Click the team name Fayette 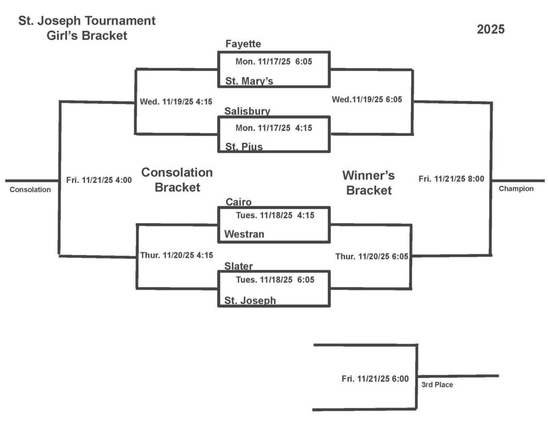243,44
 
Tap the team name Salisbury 247,111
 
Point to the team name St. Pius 243,147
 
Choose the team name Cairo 238,202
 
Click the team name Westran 244,234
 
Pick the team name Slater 239,266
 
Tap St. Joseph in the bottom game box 250,301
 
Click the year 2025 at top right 491,29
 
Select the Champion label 516,189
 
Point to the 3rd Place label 437,384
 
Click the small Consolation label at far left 31,189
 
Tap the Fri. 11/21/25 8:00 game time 451,179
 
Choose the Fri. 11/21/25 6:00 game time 375,379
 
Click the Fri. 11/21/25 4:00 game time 99,180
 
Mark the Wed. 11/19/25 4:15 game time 176,102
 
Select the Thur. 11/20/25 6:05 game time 372,257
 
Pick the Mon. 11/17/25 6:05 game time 273,61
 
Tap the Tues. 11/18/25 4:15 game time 275,216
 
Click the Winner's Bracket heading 369,182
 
